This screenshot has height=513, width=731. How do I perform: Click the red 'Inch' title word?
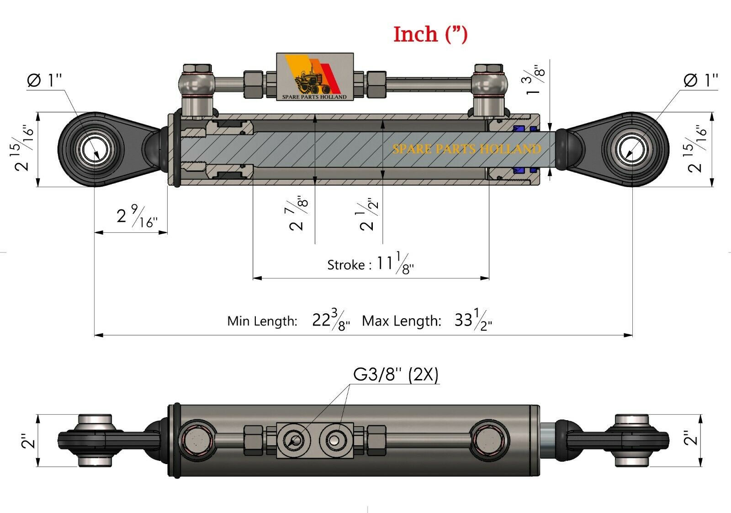tap(415, 34)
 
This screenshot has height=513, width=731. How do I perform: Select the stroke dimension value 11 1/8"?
tap(395, 263)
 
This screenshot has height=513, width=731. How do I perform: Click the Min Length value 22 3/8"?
tap(331, 320)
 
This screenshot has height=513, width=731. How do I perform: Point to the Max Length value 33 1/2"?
tap(473, 320)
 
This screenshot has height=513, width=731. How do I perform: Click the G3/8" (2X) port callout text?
tap(396, 374)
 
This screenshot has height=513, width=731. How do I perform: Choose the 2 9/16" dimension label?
tap(137, 216)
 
